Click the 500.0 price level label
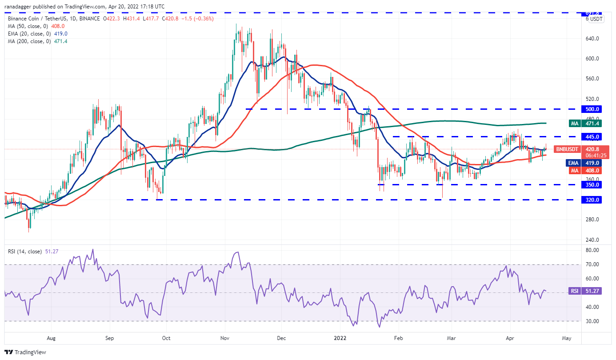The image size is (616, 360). pyautogui.click(x=592, y=109)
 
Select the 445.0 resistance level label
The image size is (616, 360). pyautogui.click(x=592, y=136)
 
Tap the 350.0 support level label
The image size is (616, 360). pyautogui.click(x=592, y=184)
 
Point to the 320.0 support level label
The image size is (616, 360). pyautogui.click(x=592, y=200)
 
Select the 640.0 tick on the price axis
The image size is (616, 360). pyautogui.click(x=592, y=39)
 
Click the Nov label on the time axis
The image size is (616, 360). pyautogui.click(x=225, y=338)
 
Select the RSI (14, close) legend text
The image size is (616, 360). pyautogui.click(x=26, y=252)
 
